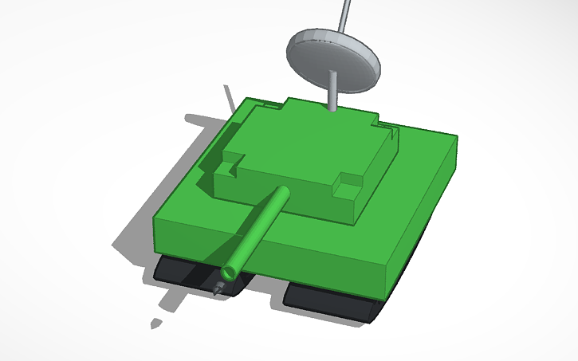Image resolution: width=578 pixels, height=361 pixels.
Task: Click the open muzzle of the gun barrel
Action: tap(230, 273)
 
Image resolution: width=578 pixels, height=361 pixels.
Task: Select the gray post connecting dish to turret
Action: tap(330, 92)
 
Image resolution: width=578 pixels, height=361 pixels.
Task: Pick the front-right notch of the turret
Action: tap(348, 185)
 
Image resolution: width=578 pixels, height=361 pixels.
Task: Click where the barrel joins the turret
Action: tap(281, 193)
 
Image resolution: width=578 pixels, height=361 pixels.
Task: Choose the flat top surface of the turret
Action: tap(303, 143)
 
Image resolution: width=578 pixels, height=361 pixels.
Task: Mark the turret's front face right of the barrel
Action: tap(319, 202)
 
